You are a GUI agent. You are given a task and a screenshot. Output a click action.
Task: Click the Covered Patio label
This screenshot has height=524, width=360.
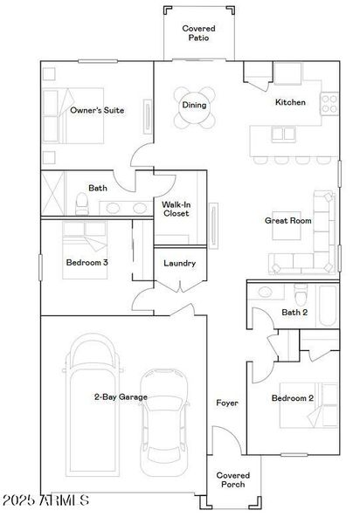click(198, 34)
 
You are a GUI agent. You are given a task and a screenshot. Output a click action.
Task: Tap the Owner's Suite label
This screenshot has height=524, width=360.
click(96, 111)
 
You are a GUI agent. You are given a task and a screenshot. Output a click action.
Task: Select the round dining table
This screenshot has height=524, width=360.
click(194, 105)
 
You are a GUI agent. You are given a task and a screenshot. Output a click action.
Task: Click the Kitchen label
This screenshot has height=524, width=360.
click(290, 103)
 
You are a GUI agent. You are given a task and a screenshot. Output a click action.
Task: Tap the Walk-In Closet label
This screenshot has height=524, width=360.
click(177, 210)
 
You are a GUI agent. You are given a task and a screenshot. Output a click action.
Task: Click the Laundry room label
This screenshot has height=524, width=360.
click(179, 263)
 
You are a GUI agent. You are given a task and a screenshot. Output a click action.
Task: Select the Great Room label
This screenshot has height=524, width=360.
click(287, 221)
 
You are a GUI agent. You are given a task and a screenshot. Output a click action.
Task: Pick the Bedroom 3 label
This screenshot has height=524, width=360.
click(87, 262)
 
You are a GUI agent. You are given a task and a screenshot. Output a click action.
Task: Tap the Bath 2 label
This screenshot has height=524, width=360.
click(294, 313)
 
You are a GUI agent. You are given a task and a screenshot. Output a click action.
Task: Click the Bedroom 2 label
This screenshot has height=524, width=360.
click(292, 398)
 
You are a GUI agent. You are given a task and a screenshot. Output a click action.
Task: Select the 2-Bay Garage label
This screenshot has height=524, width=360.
click(121, 397)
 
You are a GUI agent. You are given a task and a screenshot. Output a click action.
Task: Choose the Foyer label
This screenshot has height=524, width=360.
click(227, 403)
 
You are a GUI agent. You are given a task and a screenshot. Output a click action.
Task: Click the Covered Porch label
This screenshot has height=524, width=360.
click(232, 480)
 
